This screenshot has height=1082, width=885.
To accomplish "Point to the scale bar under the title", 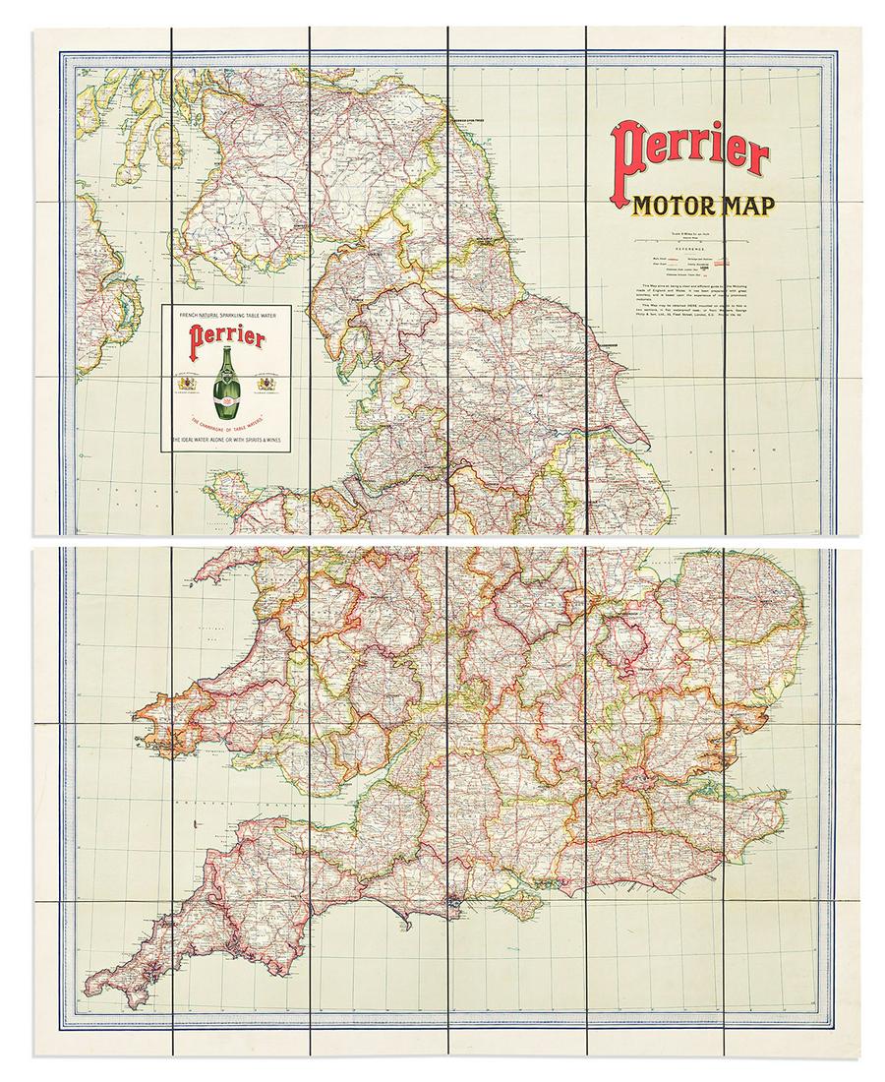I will (688, 239).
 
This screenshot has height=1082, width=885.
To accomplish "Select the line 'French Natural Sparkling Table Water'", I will (229, 313).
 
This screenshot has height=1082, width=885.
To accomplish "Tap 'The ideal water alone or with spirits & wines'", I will (229, 444).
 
